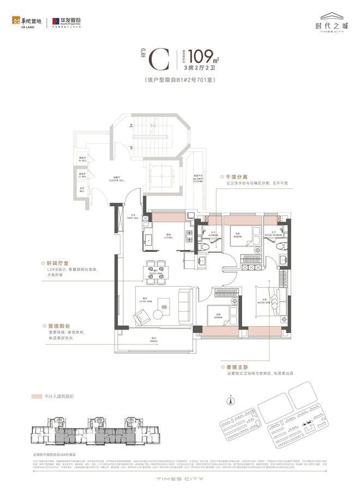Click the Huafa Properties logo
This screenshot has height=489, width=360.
coord(67,22)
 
